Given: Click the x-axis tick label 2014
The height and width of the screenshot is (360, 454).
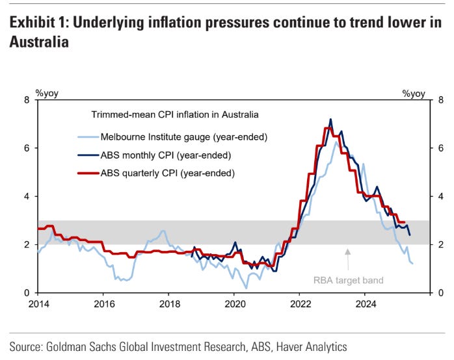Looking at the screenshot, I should [x=38, y=303].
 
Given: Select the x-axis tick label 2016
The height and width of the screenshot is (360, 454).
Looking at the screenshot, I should [x=103, y=303].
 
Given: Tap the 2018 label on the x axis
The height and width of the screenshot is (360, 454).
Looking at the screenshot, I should [x=169, y=303].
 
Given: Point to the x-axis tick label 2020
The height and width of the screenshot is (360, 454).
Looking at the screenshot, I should [x=234, y=303].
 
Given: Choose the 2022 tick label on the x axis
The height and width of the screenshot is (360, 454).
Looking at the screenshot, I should [x=300, y=303].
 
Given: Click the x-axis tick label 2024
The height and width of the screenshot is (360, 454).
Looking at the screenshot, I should [x=366, y=303].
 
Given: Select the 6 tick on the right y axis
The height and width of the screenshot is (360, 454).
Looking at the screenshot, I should [x=440, y=148].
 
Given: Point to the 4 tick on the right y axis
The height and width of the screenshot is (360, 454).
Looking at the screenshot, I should [x=440, y=196].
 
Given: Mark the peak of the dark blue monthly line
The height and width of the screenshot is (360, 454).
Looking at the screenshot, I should [x=330, y=120].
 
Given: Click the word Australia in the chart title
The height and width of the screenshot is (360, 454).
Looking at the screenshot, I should [x=36, y=43].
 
